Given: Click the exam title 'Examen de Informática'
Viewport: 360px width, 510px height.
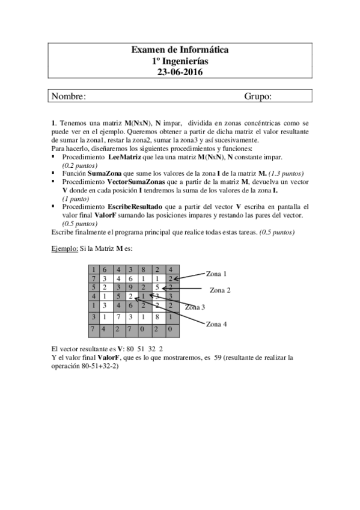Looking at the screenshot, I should click(x=180, y=51).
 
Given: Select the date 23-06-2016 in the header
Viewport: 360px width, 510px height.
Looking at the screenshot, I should click(x=180, y=72).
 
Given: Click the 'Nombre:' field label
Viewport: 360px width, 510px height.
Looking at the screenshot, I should click(x=69, y=96).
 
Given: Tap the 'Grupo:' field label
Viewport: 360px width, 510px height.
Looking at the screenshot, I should click(x=258, y=96).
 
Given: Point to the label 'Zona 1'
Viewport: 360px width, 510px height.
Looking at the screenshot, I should click(x=216, y=274).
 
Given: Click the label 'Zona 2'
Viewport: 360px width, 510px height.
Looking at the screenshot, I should click(x=220, y=290).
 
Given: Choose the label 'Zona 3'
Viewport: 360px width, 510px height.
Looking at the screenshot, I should click(x=195, y=307).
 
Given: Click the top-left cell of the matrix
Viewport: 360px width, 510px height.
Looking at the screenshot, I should click(x=93, y=270).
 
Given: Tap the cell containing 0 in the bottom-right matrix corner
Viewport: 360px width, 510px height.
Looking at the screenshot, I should click(x=171, y=329).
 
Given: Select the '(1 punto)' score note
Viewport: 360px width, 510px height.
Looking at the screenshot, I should click(x=76, y=198).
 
